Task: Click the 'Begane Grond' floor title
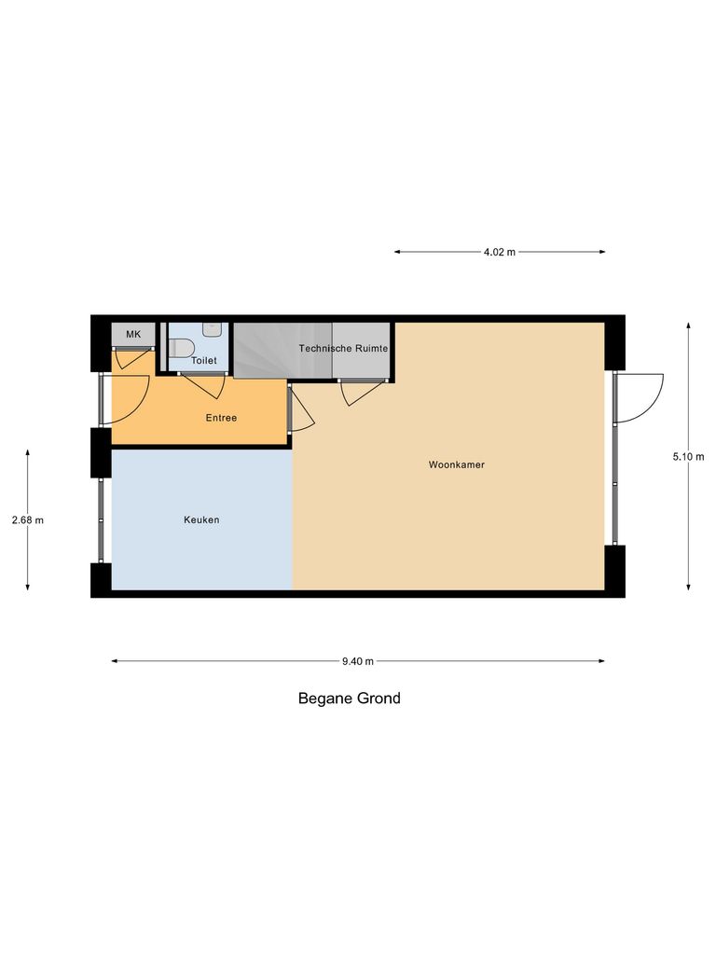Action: point(349,698)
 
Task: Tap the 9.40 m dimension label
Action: point(357,661)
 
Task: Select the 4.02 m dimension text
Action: point(499,252)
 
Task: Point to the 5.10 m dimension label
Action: point(689,456)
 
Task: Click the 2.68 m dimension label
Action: point(28,520)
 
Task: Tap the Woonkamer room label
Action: point(456,464)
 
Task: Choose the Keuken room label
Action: point(201,519)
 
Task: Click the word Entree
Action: point(221,418)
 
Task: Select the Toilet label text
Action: point(203,360)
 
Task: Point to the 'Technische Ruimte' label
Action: point(343,348)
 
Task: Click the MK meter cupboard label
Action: point(133,334)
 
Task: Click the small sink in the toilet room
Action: point(213,329)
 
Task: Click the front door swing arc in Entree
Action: point(131,396)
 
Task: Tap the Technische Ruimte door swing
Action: point(362,392)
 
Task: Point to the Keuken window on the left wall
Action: point(102,519)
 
